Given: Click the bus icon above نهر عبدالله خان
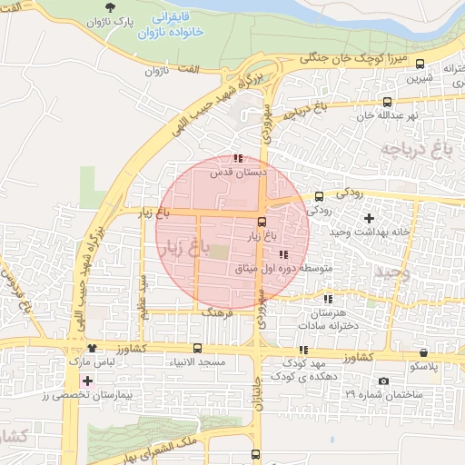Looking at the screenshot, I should pos(388,102).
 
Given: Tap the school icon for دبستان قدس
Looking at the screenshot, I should pos(238,158).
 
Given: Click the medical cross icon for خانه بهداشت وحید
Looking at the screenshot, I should pos(368,218).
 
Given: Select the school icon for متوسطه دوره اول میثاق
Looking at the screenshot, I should pos(284,254).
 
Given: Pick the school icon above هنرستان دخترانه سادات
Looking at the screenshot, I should pos(328,299).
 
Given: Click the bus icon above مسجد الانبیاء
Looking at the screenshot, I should pos(197,349).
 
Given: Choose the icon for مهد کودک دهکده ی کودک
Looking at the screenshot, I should pos(302,350).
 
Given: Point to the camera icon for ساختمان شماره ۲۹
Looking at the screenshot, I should pos(383,381).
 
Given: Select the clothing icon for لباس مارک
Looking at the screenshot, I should pos(91,349).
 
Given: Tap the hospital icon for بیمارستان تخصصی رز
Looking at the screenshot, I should pos(87,381).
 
